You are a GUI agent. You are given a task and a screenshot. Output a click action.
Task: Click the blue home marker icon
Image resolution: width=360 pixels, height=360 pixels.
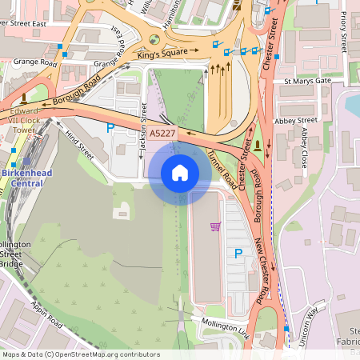(179, 172)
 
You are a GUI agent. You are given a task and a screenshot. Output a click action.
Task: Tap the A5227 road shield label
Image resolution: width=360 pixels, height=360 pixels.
(163, 132)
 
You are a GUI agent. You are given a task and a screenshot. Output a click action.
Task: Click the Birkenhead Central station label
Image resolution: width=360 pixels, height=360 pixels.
(22, 178)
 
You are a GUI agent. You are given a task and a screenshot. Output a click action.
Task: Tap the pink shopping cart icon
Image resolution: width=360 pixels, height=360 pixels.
(215, 226)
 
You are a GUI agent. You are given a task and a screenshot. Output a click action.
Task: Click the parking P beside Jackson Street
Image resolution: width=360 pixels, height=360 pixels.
(110, 127)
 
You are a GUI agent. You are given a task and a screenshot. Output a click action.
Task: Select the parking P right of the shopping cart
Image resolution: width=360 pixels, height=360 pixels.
(238, 254)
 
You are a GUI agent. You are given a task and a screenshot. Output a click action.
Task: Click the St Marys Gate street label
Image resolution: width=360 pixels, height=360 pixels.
(307, 81)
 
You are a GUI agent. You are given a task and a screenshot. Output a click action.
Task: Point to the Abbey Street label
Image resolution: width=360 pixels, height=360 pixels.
(296, 120)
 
